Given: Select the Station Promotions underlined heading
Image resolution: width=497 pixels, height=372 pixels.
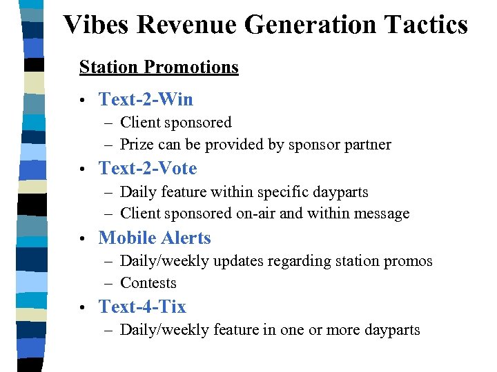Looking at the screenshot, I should [159, 68].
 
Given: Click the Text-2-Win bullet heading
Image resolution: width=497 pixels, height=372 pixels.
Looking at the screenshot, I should [146, 99].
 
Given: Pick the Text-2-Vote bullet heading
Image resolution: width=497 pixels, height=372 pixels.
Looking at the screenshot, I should [148, 168].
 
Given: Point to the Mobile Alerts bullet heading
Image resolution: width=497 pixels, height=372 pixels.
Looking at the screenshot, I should [155, 238].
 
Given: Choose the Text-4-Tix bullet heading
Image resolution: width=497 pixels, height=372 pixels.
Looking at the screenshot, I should [142, 307].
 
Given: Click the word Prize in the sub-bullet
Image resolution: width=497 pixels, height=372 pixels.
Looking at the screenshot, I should [137, 145].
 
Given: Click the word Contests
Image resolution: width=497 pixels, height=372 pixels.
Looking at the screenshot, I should [148, 283].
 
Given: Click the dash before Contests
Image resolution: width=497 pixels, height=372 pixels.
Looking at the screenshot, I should [110, 283].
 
